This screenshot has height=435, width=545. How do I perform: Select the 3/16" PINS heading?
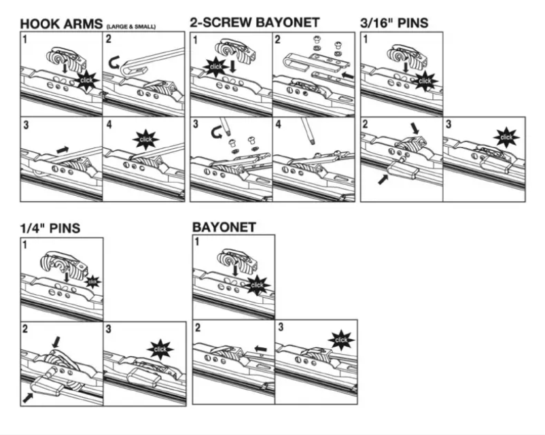[394, 22]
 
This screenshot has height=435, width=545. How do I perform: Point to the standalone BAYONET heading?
[224, 227]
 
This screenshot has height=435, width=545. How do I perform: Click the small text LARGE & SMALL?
[130, 27]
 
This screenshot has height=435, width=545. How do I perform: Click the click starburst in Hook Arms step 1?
[88, 80]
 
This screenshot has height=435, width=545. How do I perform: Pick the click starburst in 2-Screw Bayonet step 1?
[215, 67]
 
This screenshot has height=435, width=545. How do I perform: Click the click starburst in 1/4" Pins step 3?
[160, 349]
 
